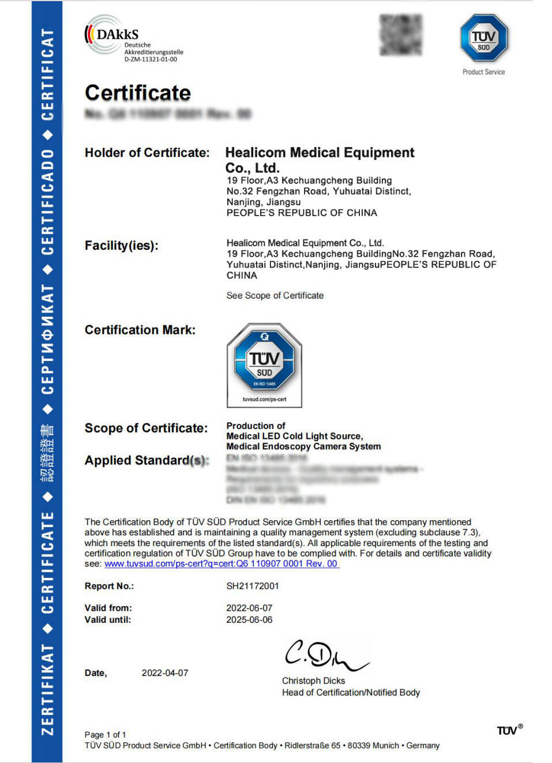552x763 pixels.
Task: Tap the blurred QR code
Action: pos(400,35)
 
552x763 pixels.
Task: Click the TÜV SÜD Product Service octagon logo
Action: pos(483,38)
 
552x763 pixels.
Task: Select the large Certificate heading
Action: pos(138,93)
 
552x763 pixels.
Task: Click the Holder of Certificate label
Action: pos(147,153)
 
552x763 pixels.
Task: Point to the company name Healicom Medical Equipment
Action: pos(320,153)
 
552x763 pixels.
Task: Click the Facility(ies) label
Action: pos(121,246)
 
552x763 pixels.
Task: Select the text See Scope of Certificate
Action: pos(275,295)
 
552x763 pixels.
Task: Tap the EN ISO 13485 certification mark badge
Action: pos(264,364)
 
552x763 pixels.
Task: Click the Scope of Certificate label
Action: pos(146,428)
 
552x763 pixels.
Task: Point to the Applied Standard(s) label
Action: pos(147,460)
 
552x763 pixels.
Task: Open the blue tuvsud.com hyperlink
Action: pos(221,563)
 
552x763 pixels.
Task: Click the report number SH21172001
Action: pos(252,586)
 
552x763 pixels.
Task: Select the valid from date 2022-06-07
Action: pos(249,608)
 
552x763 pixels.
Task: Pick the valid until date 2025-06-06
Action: pos(249,620)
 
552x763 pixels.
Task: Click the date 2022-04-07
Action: pos(165,673)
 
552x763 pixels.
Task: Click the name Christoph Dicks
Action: pos(313,681)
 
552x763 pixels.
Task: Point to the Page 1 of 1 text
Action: pos(105,735)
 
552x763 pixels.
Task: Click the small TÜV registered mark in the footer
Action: pos(509,730)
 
